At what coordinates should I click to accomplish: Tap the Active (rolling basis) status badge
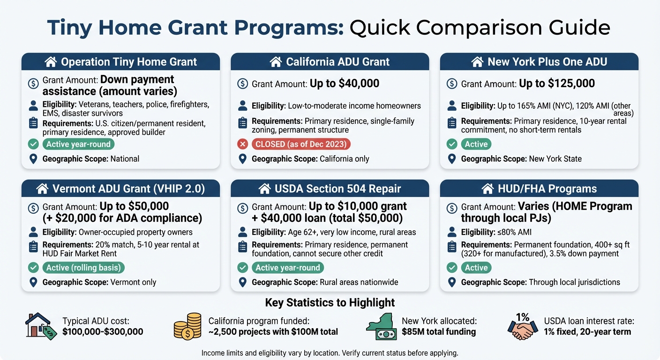click(83, 268)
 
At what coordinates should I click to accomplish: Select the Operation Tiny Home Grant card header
click(120, 62)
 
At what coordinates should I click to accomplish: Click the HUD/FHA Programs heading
click(539, 189)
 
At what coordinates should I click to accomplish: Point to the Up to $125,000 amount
click(557, 83)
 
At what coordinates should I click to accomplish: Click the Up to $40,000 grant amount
click(345, 83)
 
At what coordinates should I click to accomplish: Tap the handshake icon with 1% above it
click(523, 327)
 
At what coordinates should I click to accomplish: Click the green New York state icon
click(381, 326)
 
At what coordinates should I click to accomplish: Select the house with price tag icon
click(39, 326)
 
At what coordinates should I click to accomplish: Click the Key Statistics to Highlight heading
click(330, 302)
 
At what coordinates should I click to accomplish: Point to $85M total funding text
click(438, 332)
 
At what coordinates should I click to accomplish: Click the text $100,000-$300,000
click(103, 332)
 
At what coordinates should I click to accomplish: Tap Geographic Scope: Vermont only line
click(99, 282)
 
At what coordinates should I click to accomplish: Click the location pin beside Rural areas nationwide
click(242, 282)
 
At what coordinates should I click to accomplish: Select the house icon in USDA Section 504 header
click(264, 189)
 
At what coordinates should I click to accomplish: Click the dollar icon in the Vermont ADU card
click(33, 208)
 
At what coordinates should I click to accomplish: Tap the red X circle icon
click(242, 144)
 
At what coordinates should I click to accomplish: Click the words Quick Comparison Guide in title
click(480, 28)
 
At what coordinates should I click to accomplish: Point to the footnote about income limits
click(330, 352)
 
